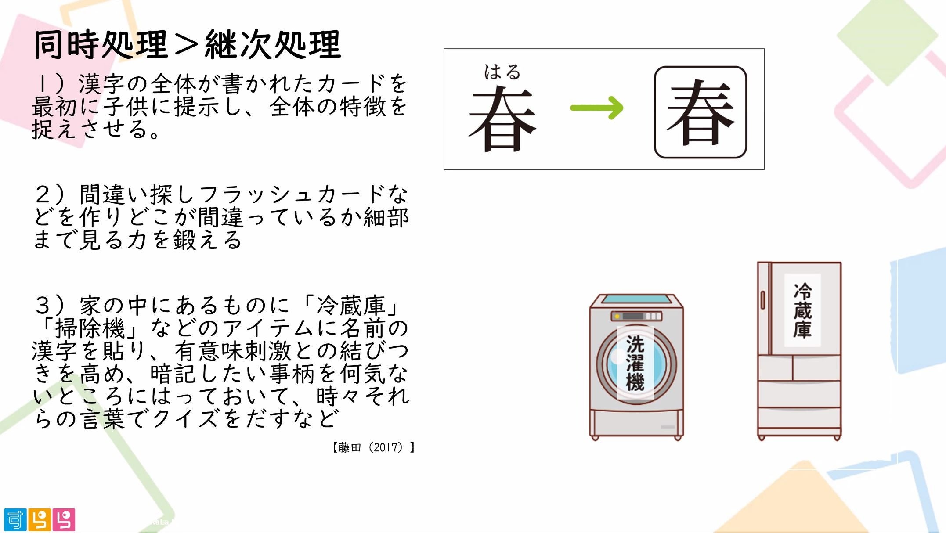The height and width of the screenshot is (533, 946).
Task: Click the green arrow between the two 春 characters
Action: pos(596,108)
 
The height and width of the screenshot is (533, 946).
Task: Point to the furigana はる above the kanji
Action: pos(502,72)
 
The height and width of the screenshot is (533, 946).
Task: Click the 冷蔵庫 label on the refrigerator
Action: pos(802,310)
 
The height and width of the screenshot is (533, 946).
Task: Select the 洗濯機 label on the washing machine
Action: pos(635,363)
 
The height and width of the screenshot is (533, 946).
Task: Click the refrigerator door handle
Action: pos(763,300)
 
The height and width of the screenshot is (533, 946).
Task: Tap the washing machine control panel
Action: pos(636,316)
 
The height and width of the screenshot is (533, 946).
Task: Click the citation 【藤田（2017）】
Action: pos(373,447)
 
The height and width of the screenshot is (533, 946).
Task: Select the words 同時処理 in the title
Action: pos(101,45)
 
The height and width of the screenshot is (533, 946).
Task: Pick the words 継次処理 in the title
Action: pos(273,45)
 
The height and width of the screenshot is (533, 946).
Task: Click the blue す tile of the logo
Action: pos(15,520)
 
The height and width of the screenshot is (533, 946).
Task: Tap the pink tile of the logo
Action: pos(64,520)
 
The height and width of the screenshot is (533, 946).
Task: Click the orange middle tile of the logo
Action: pos(40,520)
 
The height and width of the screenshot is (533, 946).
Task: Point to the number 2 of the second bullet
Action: pos(44,194)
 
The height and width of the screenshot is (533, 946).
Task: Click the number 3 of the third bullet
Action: pos(44,305)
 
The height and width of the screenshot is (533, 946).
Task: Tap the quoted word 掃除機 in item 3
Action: pos(90,328)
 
